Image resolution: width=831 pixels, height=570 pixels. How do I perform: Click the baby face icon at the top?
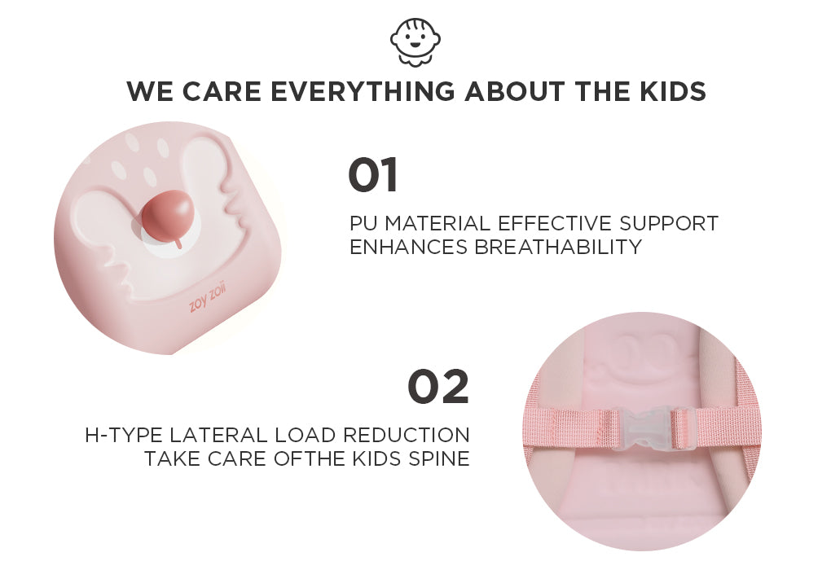tap(415, 42)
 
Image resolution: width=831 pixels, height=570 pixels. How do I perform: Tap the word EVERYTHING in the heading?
tap(363, 91)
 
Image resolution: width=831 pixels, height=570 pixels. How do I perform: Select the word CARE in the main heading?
tap(222, 91)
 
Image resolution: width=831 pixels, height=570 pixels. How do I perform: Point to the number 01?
tap(373, 175)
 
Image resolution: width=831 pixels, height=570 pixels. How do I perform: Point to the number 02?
tap(438, 386)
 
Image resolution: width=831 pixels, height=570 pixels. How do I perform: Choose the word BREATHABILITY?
tap(558, 247)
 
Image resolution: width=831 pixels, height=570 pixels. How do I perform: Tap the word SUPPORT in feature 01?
tap(669, 223)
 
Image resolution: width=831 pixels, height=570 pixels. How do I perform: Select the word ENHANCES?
tap(409, 247)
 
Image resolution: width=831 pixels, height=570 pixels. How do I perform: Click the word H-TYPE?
tap(124, 435)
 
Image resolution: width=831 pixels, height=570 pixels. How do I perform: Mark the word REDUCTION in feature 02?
tap(407, 435)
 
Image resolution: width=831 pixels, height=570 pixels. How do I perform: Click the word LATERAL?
tap(219, 435)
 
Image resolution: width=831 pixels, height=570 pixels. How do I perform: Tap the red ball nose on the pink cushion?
tap(166, 217)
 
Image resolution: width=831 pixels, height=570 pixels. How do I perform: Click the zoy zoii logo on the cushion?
tap(207, 298)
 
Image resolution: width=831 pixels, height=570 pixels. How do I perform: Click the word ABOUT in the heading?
tap(514, 91)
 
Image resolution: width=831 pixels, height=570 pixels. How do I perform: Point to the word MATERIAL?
tap(437, 223)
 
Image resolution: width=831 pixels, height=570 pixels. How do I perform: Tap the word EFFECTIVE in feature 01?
tap(555, 223)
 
